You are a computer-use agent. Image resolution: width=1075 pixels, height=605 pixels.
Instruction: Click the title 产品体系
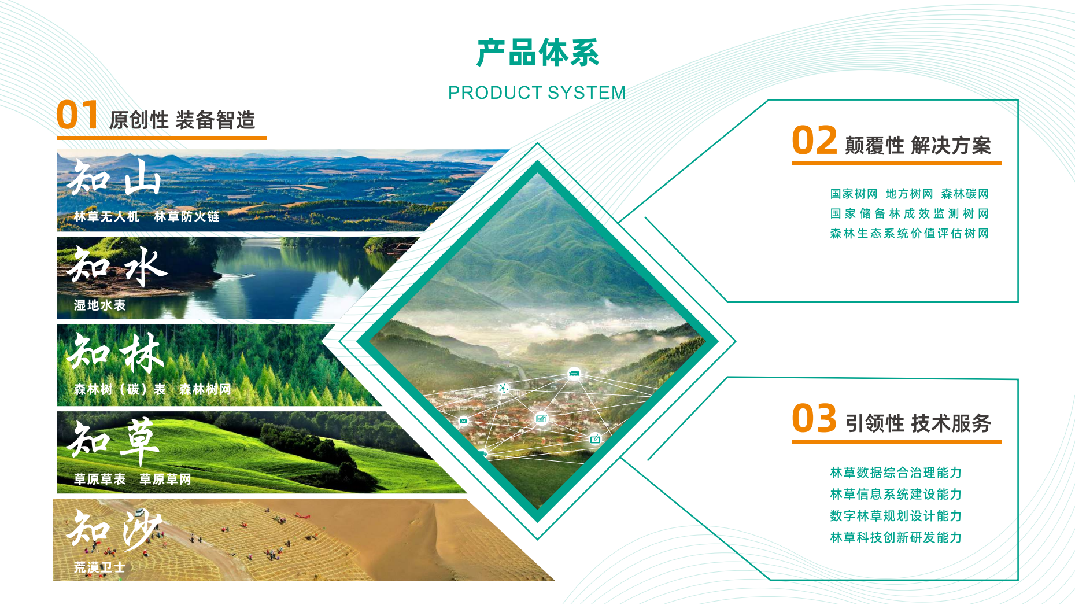(537, 53)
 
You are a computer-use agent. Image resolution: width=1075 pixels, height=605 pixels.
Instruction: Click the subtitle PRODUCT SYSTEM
(537, 93)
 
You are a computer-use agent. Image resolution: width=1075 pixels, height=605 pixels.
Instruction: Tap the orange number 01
(77, 115)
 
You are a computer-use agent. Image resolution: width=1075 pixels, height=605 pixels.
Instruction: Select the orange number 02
(814, 140)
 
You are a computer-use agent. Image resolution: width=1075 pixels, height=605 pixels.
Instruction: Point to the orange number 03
(814, 418)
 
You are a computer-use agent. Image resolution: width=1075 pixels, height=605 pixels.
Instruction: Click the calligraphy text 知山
(114, 177)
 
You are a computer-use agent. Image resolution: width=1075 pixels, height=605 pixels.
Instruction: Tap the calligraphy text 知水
(117, 265)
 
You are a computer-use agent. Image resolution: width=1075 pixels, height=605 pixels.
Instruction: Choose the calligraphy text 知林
(116, 353)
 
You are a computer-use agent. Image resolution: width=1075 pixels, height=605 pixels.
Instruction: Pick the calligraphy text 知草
(113, 441)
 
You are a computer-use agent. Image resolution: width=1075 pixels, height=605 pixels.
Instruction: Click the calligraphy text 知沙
(114, 528)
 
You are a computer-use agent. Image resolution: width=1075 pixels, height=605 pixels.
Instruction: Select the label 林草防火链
(187, 217)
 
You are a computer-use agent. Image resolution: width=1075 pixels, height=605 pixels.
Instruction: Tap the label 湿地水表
(99, 305)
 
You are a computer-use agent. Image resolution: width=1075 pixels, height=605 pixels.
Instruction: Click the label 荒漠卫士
(99, 567)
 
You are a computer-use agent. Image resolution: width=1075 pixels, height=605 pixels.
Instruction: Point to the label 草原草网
(165, 479)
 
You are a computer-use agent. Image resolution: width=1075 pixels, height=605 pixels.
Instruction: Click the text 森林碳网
(965, 194)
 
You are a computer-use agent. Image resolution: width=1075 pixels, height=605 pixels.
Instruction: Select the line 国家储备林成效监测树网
(910, 213)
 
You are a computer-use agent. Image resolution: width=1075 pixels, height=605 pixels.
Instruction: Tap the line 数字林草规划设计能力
(896, 515)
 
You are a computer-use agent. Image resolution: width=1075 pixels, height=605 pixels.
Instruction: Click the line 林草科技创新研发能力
(896, 537)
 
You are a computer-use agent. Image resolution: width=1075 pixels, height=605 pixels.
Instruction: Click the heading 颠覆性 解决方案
(918, 145)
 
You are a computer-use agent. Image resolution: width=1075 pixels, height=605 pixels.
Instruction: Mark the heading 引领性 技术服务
(918, 423)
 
